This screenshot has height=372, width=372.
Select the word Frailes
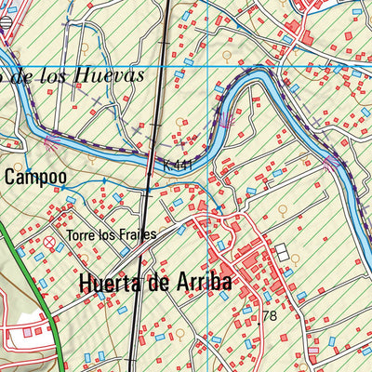point(138,234)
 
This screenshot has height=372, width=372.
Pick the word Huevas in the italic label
point(113,75)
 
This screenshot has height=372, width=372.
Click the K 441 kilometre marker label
point(178,165)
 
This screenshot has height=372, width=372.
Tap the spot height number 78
point(270,316)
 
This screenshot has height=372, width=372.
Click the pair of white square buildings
point(281,253)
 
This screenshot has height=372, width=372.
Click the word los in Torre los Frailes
point(108,234)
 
